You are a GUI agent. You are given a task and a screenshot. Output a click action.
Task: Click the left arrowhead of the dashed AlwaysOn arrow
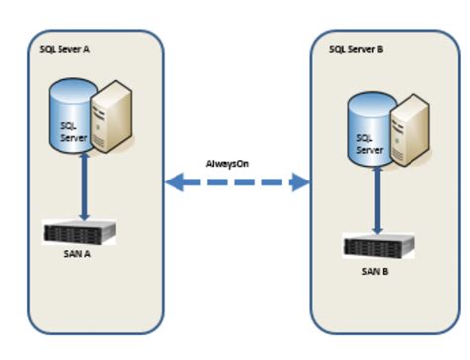coord(175,181)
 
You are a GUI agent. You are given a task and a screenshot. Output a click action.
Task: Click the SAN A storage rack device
coord(80,234)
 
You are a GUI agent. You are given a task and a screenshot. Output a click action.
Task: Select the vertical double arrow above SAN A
coord(84,188)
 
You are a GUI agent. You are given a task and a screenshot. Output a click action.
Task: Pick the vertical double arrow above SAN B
coord(378,200)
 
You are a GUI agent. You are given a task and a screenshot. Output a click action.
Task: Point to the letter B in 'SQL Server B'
coord(378,48)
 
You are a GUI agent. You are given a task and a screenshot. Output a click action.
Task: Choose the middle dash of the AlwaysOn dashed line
coord(237,181)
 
